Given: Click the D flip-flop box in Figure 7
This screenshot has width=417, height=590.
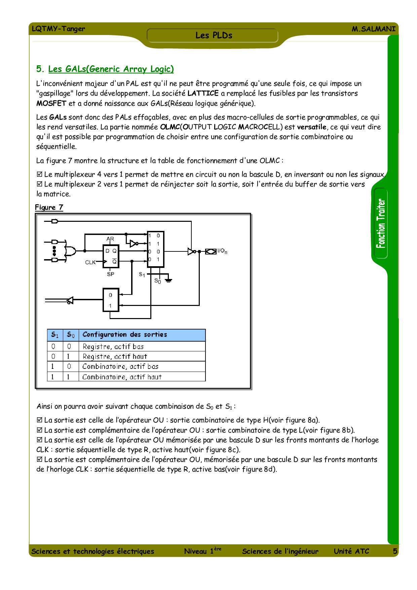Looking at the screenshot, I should tap(111, 256).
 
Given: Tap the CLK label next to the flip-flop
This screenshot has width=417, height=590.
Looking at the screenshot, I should tap(90, 262).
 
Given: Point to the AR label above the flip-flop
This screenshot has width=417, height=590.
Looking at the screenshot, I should tap(110, 239).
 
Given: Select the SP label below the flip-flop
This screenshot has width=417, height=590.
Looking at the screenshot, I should tap(110, 274).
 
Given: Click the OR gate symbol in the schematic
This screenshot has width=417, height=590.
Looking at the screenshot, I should tap(70, 251).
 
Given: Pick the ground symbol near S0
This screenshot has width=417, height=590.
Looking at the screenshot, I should tap(168, 280).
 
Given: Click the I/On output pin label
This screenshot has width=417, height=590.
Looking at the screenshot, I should tap(222, 251).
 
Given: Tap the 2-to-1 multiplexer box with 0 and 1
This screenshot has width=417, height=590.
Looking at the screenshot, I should tap(111, 300).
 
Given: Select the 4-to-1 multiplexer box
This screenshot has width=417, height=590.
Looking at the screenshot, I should tap(155, 249).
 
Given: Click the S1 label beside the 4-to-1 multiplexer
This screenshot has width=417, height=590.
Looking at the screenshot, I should tap(142, 275).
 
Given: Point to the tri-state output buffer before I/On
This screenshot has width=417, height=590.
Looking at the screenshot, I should tap(191, 251).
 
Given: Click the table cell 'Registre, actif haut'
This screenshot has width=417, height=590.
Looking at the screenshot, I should tap(115, 356).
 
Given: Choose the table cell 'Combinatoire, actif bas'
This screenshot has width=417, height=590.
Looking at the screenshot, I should tap(120, 367).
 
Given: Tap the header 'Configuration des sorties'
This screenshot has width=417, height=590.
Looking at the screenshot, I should tap(125, 335).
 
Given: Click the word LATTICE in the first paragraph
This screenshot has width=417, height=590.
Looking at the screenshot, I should tap(203, 93).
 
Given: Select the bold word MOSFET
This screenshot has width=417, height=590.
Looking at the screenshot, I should tap(51, 103).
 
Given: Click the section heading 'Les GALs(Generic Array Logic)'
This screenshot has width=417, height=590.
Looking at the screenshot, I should tap(111, 69).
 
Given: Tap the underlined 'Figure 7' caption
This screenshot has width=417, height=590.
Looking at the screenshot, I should tap(49, 207).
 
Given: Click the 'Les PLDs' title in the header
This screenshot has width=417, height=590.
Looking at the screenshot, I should tap(214, 35).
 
